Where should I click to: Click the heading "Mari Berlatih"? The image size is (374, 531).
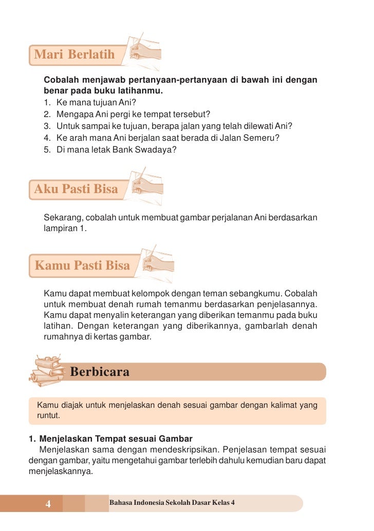(74, 54)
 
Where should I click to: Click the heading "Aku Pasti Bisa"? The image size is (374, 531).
(76, 189)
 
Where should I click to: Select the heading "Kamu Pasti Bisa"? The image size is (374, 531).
(82, 265)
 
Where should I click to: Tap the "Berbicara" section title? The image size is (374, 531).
(100, 372)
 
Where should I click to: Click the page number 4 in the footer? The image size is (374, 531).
(48, 504)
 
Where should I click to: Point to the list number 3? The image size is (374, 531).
(47, 126)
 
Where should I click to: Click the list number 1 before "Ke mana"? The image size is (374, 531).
(47, 102)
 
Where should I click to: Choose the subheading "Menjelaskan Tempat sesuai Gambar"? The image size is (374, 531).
(116, 439)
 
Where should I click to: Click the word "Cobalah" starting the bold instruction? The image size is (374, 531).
(62, 81)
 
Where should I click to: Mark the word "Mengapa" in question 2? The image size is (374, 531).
(72, 114)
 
